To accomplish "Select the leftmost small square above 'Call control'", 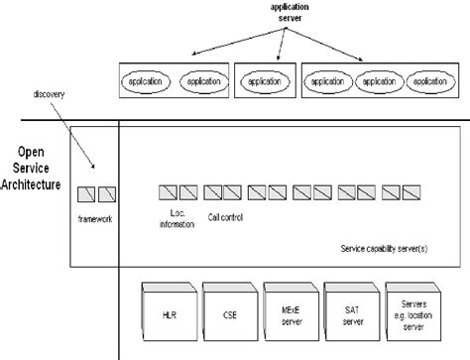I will pyautogui.click(x=217, y=191).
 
